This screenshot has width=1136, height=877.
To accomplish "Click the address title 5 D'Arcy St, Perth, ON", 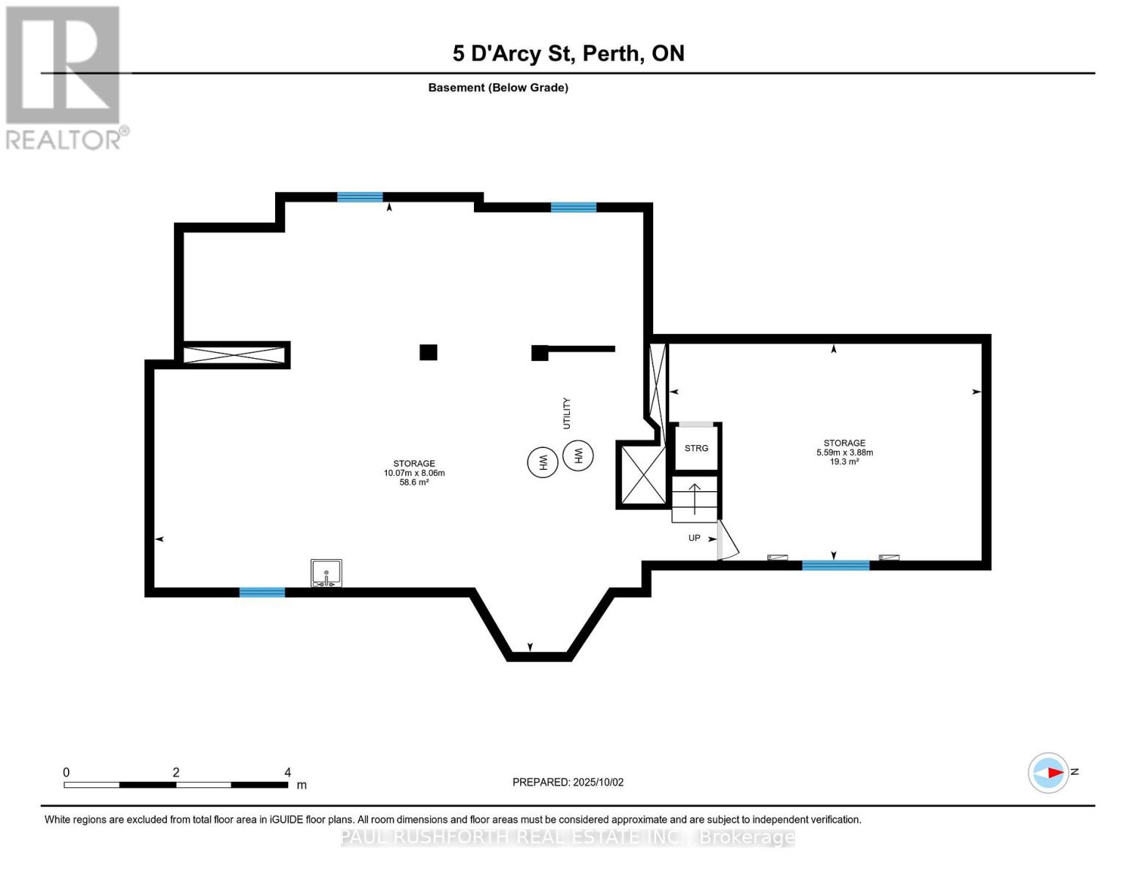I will pyautogui.click(x=568, y=53).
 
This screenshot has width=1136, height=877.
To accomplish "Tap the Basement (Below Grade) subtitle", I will pyautogui.click(x=498, y=88).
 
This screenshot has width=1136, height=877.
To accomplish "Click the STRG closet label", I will pyautogui.click(x=696, y=448).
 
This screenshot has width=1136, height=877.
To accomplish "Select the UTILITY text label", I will pyautogui.click(x=566, y=414).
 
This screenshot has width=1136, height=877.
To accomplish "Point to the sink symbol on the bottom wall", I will pyautogui.click(x=326, y=573).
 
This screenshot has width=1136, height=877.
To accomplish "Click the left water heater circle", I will pyautogui.click(x=543, y=462).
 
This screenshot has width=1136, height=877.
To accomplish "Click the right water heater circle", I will pyautogui.click(x=578, y=456).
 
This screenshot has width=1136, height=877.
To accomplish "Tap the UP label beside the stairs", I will pyautogui.click(x=694, y=538).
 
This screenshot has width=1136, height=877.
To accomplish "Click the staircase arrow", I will pyautogui.click(x=694, y=497).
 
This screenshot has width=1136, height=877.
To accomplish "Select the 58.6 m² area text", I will pyautogui.click(x=414, y=482).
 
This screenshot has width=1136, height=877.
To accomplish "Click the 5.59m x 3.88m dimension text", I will pyautogui.click(x=844, y=452).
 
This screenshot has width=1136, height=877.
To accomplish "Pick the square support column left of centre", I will pyautogui.click(x=428, y=352).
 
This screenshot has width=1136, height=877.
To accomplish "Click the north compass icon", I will pyautogui.click(x=1048, y=772).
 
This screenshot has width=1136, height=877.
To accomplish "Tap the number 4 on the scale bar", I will pyautogui.click(x=287, y=772).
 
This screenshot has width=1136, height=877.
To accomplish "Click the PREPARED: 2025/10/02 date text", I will pyautogui.click(x=568, y=782).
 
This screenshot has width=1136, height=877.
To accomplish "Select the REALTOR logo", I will pyautogui.click(x=64, y=77).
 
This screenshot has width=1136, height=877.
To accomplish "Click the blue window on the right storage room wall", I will pyautogui.click(x=835, y=565).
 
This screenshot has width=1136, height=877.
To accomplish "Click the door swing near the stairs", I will pyautogui.click(x=728, y=541).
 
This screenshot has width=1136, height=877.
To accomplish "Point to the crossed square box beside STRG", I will pyautogui.click(x=643, y=474).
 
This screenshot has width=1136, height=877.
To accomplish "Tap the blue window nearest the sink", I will pyautogui.click(x=262, y=592).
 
